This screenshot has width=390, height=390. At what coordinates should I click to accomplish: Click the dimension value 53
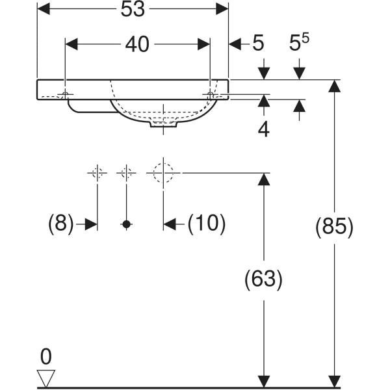click(133, 9)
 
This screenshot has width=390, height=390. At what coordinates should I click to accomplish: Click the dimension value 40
click(137, 44)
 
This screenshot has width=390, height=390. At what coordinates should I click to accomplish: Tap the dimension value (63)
click(263, 279)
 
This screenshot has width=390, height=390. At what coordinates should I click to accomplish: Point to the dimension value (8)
click(60, 224)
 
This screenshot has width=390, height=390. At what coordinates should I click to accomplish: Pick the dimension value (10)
click(206, 224)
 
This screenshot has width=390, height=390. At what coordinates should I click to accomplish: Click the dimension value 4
click(263, 129)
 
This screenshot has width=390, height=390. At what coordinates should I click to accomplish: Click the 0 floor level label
click(45, 356)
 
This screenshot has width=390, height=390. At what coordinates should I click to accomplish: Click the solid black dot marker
click(126, 224)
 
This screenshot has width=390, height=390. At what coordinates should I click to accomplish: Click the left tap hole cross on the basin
click(66, 95)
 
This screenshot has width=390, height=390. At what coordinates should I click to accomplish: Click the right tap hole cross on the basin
click(209, 95)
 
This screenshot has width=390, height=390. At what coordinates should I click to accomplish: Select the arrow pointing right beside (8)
click(89, 224)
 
